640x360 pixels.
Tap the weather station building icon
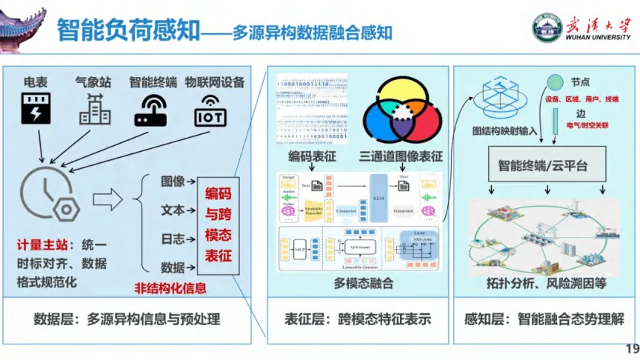(x=95, y=110)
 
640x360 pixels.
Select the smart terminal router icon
(x=151, y=110)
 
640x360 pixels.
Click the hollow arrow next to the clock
(x=107, y=199)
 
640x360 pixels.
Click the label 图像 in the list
(x=173, y=181)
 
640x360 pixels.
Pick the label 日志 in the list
(x=173, y=239)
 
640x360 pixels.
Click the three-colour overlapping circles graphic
(x=402, y=115)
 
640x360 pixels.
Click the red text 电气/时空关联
(x=587, y=126)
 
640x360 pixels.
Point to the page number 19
(x=631, y=349)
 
